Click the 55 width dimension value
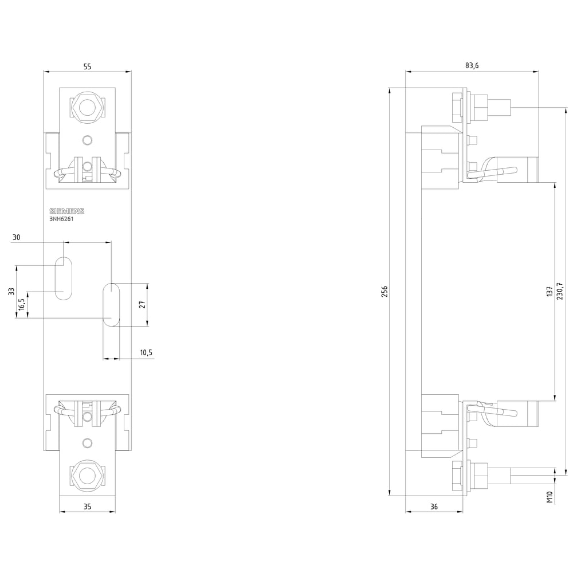87,66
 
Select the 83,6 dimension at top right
472,66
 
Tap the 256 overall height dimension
384,291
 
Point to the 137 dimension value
550,291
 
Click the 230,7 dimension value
560,291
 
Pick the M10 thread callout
550,497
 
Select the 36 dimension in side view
433,507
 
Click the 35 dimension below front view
87,507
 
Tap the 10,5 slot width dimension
146,353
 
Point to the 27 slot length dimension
143,304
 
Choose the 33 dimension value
11,291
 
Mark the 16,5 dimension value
21,304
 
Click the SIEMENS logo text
66,210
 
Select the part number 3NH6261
61,218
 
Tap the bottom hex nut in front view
87,475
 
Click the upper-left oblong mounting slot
64,278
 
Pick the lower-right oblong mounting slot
111,304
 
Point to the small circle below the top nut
87,140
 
